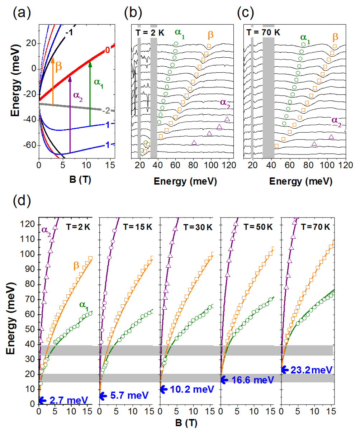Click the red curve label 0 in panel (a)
pyautogui.click(x=107, y=51)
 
